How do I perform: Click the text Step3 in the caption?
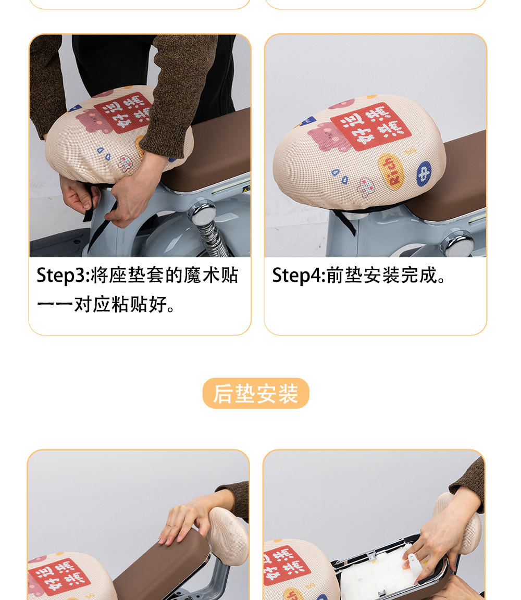62,276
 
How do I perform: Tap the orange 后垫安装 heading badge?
256,393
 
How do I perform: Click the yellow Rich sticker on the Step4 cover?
391,171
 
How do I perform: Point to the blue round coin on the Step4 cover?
424,173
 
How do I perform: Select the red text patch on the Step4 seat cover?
370,126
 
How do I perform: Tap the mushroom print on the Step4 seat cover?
366,187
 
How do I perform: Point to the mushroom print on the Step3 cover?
125,163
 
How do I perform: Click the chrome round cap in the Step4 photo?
458,243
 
